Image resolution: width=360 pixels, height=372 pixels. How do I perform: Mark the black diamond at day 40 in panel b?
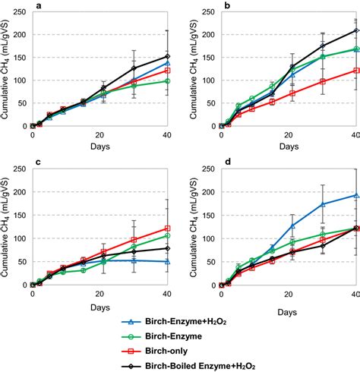356,30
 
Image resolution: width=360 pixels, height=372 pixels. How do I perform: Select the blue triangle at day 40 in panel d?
356,196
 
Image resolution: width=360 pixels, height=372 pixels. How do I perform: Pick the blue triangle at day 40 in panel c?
167,261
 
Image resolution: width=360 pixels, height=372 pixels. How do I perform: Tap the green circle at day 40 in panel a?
167,80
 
